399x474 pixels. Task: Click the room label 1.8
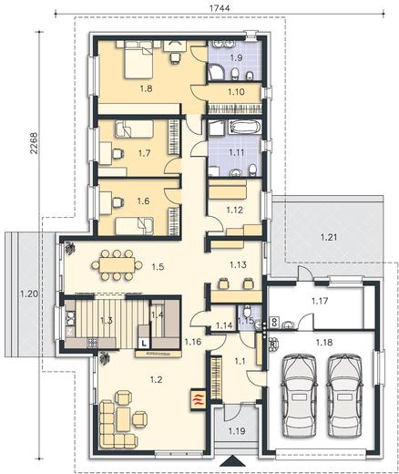pyautogui.click(x=146, y=88)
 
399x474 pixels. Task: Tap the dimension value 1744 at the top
pyautogui.click(x=220, y=8)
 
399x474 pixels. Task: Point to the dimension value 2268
pyautogui.click(x=35, y=143)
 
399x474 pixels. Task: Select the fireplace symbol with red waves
pyautogui.click(x=198, y=400)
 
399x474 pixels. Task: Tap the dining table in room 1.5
pyautogui.click(x=117, y=264)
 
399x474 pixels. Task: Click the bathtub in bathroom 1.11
pyautogui.click(x=244, y=127)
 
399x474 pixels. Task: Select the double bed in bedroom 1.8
pyautogui.click(x=138, y=60)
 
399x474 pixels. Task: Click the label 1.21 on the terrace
pyautogui.click(x=329, y=237)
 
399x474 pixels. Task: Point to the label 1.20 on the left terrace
pyautogui.click(x=29, y=294)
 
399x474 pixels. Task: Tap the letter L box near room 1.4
pyautogui.click(x=144, y=344)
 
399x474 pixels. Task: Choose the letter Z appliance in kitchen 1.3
pyautogui.click(x=69, y=332)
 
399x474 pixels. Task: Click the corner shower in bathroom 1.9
pyautogui.click(x=216, y=72)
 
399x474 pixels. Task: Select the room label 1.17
pyautogui.click(x=320, y=301)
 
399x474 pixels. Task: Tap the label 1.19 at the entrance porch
pyautogui.click(x=237, y=430)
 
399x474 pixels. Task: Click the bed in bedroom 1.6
pyautogui.click(x=134, y=226)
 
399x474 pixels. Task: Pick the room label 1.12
pyautogui.click(x=235, y=210)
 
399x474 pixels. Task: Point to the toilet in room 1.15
pyautogui.click(x=247, y=311)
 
